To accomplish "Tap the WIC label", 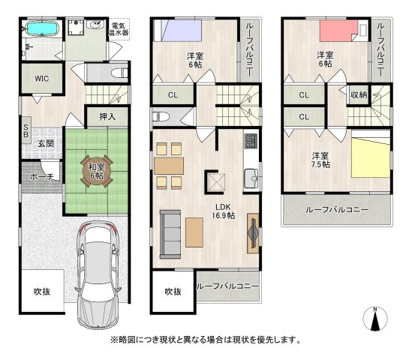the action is [x=42, y=79].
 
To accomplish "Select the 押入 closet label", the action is [x=107, y=116].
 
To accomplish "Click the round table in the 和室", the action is [x=97, y=171].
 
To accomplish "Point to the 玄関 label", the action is [x=46, y=144].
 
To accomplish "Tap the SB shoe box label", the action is [x=26, y=130].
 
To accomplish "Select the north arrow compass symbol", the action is [x=375, y=319].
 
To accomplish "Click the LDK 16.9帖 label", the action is [x=224, y=211].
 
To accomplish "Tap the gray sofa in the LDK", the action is [x=170, y=234].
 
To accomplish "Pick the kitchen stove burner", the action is [x=251, y=140].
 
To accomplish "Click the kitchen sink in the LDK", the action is [x=251, y=178].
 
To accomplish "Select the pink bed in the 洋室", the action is [x=338, y=31].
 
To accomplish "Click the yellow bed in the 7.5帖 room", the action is [x=371, y=157].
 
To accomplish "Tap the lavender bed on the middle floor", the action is [x=181, y=30].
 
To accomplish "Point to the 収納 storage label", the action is [x=359, y=94].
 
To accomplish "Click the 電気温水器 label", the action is [x=119, y=29].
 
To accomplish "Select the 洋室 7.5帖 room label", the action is [x=320, y=160].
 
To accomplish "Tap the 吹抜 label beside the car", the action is [x=42, y=292].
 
